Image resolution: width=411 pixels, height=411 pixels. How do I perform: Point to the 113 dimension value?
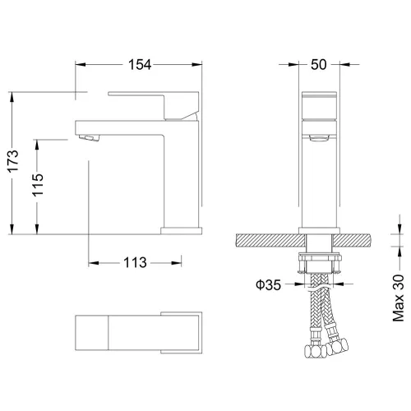tap(134, 263)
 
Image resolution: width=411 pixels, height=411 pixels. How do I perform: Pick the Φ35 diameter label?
tap(269, 286)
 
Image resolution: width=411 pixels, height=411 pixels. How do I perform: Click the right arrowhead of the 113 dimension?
tap(177, 263)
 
